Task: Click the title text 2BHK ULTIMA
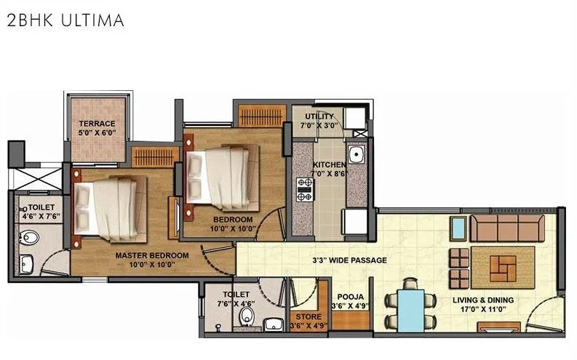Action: pyautogui.click(x=65, y=20)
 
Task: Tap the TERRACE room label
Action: pyautogui.click(x=97, y=124)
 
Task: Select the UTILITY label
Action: pyautogui.click(x=319, y=116)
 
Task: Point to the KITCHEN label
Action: pyautogui.click(x=329, y=165)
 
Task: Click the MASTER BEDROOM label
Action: pyautogui.click(x=152, y=255)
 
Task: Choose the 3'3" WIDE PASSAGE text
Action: pyautogui.click(x=349, y=260)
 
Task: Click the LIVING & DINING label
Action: pyautogui.click(x=483, y=300)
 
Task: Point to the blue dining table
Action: pyautogui.click(x=410, y=308)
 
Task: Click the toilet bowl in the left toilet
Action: pyautogui.click(x=30, y=237)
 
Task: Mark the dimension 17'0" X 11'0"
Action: pyautogui.click(x=483, y=309)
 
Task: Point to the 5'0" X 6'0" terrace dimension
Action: pyautogui.click(x=97, y=133)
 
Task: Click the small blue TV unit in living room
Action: pyautogui.click(x=458, y=229)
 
